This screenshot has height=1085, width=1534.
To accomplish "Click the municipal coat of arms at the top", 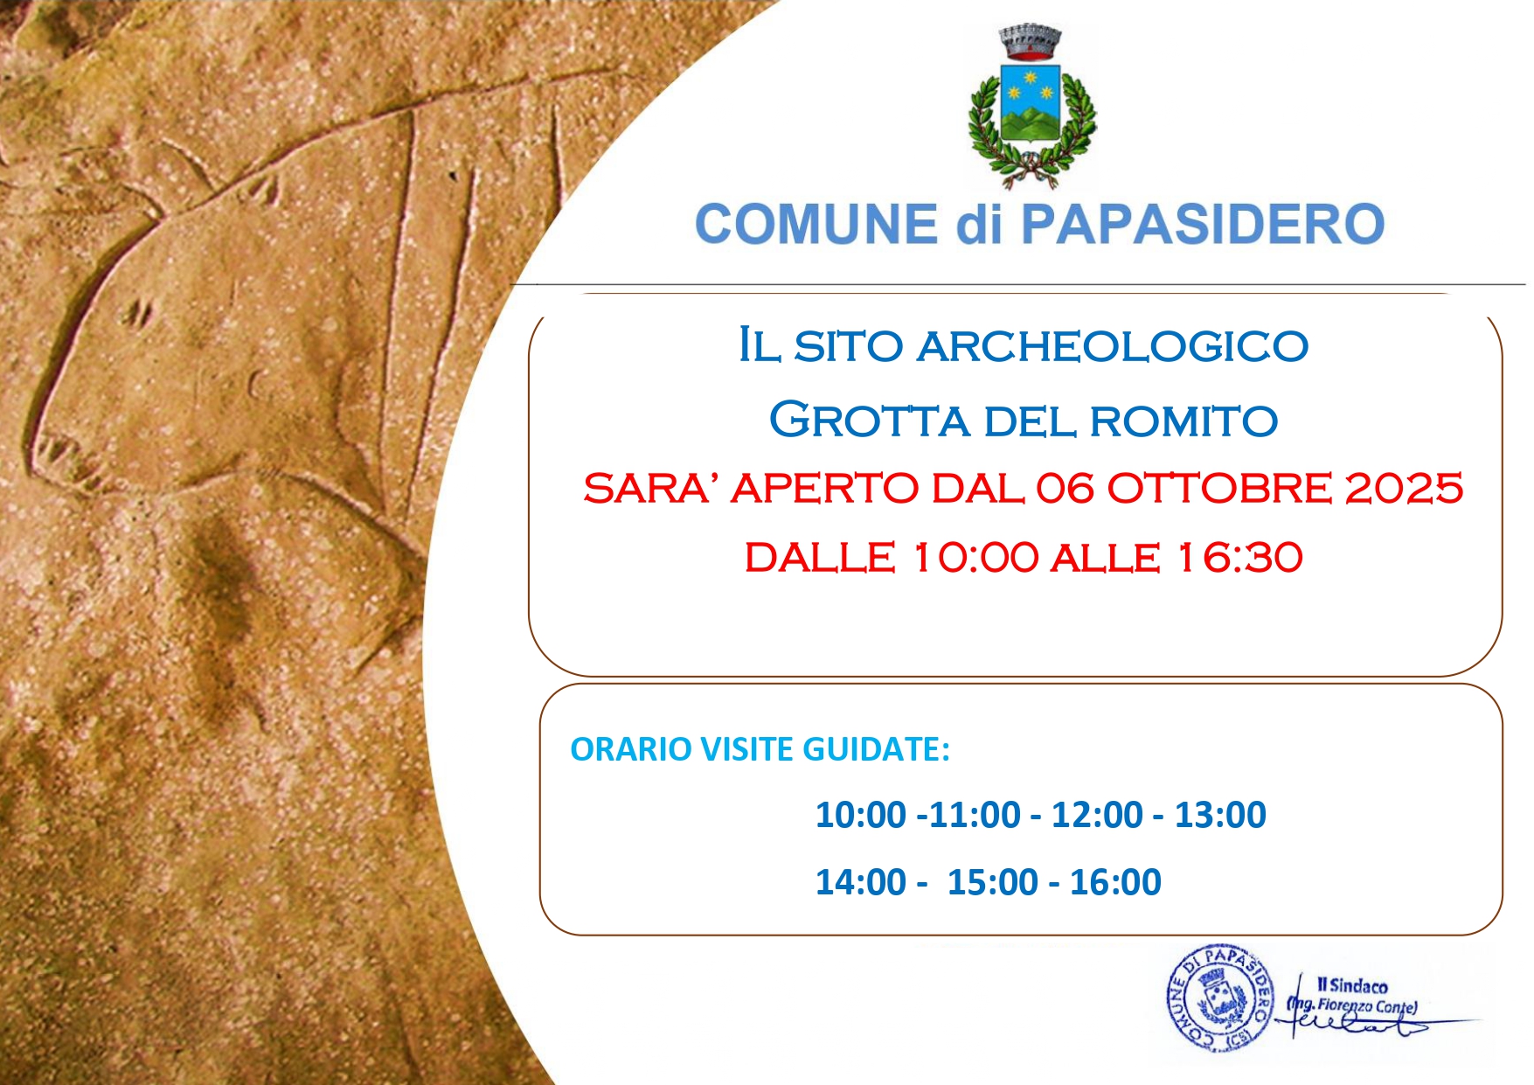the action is pos(1031,105).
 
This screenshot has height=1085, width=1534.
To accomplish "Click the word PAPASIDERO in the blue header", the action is pos(1203,224).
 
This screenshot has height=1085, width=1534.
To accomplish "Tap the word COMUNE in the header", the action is pos(816,224).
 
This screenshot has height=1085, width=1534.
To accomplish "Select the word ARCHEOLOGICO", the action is pos(1112,346).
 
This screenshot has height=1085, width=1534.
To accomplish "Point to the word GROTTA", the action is pos(870,421).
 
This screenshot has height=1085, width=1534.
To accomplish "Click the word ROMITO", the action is pos(1183,421).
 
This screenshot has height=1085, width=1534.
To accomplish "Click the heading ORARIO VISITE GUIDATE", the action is pos(760,749).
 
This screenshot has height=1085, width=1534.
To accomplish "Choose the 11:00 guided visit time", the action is pos(975,815).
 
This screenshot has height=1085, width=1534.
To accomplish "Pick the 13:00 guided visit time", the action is pos(1220,815).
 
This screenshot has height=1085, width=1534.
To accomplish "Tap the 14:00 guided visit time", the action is pos(861,882).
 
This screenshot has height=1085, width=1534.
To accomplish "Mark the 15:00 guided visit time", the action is pos(993,882).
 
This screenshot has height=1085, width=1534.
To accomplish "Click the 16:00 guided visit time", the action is pos(1115,882).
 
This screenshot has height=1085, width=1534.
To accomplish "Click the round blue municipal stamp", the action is pos(1220,998).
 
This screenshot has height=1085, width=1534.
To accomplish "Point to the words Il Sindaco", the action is pos(1352,985).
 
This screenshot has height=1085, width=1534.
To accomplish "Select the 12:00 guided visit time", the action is pos(1097,815).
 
